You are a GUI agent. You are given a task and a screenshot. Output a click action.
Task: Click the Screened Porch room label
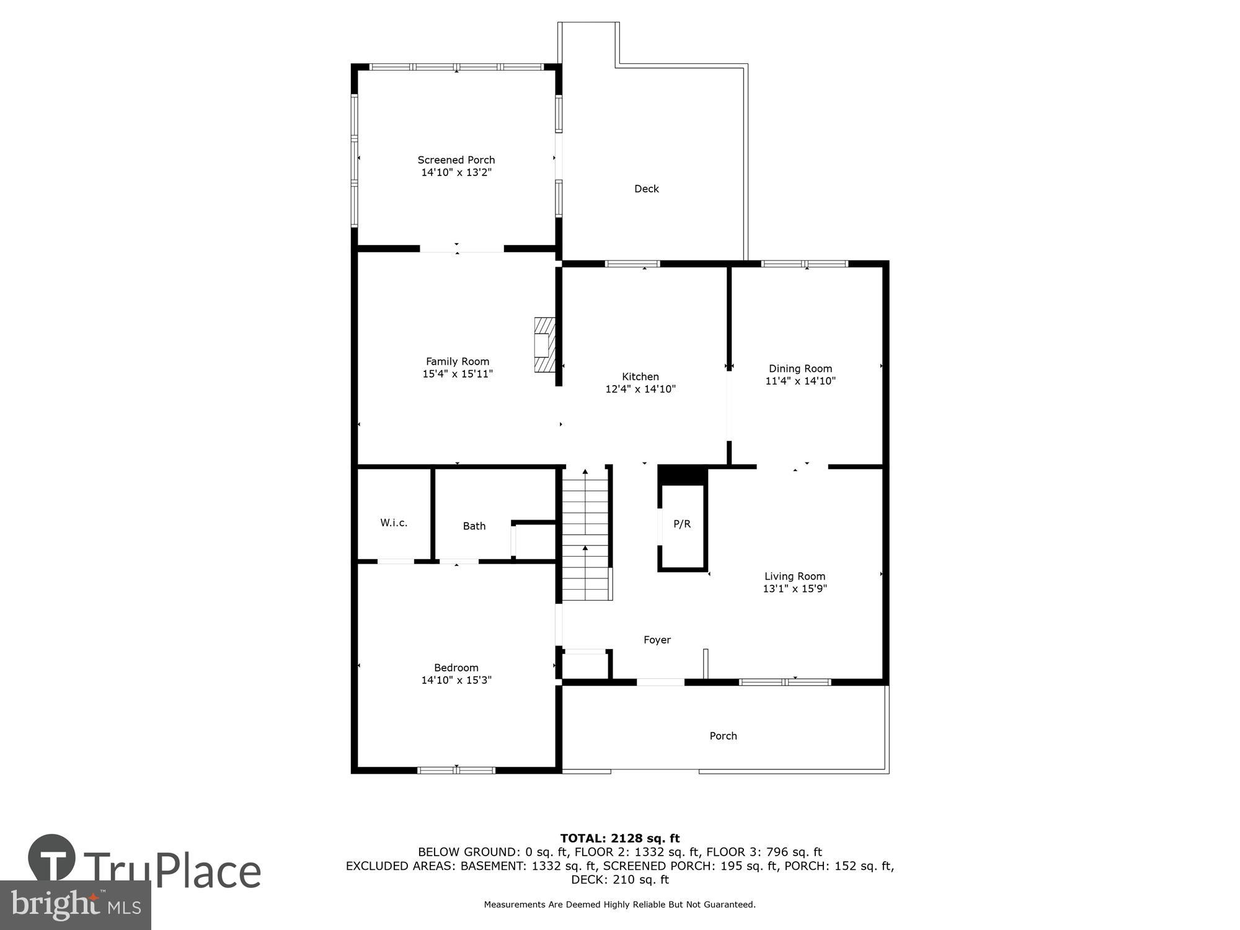click(x=456, y=160)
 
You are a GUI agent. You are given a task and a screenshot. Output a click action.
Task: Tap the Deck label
click(x=646, y=189)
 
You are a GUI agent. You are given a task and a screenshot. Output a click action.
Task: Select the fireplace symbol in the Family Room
click(x=544, y=345)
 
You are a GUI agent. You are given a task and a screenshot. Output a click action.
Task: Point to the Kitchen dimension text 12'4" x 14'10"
click(x=640, y=389)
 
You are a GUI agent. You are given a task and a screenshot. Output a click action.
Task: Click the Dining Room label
click(x=800, y=368)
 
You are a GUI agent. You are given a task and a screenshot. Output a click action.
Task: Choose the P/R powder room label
click(x=682, y=525)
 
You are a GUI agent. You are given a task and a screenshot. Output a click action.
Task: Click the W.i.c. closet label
click(x=394, y=523)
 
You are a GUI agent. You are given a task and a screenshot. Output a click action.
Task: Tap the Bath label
click(x=474, y=526)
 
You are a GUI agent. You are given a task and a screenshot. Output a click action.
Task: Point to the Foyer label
click(x=657, y=640)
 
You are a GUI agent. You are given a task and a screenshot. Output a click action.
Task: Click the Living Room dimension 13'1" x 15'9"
click(x=794, y=589)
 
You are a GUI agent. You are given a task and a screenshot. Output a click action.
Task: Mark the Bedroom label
click(x=456, y=668)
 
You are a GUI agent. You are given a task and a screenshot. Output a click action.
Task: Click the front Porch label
click(x=723, y=736)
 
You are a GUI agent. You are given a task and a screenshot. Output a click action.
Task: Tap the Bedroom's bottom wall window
click(x=456, y=770)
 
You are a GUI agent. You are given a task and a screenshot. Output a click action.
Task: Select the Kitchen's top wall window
click(x=632, y=263)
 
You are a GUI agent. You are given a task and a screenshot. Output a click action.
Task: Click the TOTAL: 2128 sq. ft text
click(x=620, y=839)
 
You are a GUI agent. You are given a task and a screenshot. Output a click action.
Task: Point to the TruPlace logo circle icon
click(x=52, y=859)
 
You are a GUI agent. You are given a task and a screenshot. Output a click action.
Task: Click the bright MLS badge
click(x=75, y=905)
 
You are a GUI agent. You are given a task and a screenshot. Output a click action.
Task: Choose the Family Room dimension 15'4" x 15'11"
click(x=457, y=374)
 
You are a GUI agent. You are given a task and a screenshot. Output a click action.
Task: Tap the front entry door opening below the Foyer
click(x=660, y=682)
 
